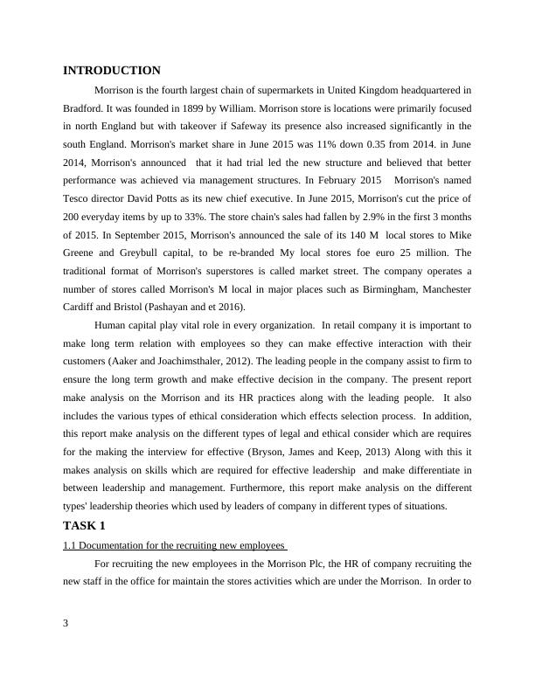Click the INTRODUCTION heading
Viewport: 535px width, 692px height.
tap(112, 71)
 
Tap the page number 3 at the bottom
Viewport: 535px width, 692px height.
tap(66, 623)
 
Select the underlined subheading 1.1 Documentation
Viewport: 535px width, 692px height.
tap(175, 546)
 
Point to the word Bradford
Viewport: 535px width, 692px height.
tap(82, 109)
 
